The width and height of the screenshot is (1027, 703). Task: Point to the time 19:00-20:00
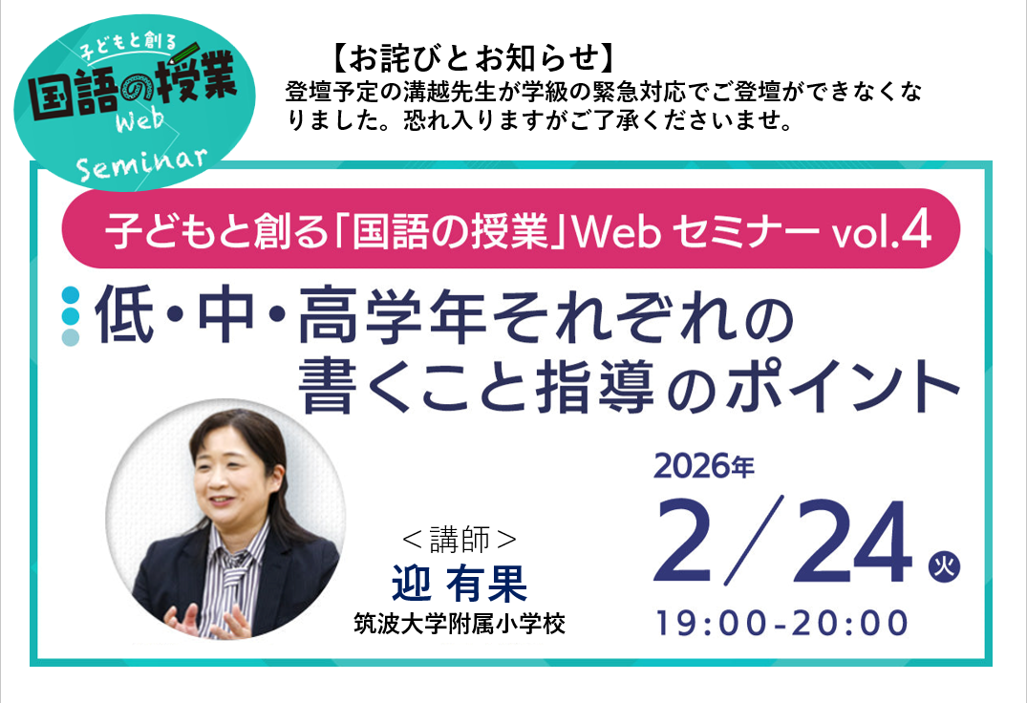click(x=781, y=623)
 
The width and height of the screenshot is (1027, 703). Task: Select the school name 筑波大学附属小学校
click(x=460, y=626)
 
